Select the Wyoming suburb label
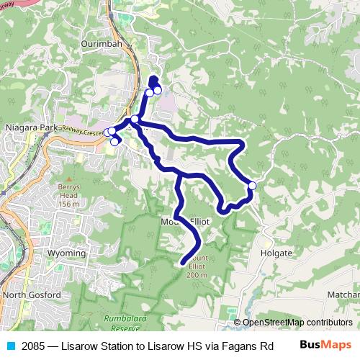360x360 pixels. coord(66,253)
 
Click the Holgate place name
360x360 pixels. coord(277,253)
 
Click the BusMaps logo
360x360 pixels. coord(325,344)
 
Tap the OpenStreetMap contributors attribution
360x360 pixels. coord(297,323)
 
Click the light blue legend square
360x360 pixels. coord(11,345)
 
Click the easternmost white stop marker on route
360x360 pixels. coord(252,186)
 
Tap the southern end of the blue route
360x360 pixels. coord(181,264)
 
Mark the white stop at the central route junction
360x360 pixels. coord(135,119)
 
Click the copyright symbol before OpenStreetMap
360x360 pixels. coord(237,323)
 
